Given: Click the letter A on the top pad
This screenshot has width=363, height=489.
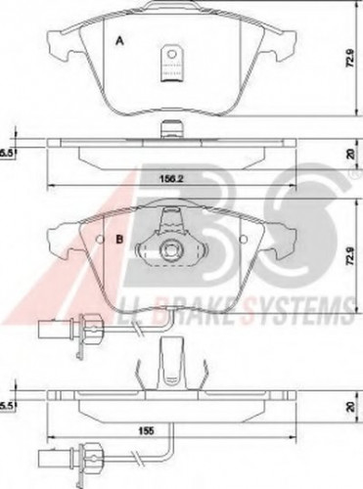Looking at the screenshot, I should click(119, 41).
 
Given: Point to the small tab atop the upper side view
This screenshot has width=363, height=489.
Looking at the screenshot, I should click(170, 128).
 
